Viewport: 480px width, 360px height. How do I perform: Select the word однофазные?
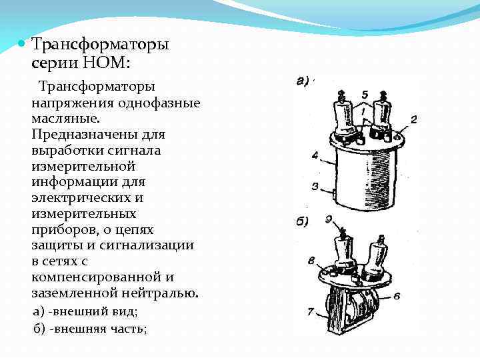point(157,103)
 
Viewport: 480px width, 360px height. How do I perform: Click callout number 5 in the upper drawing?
point(364,94)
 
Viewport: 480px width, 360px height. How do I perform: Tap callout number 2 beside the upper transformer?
point(413,119)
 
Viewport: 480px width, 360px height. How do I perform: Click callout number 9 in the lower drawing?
point(328,218)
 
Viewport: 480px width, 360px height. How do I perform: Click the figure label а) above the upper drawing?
point(301,82)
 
